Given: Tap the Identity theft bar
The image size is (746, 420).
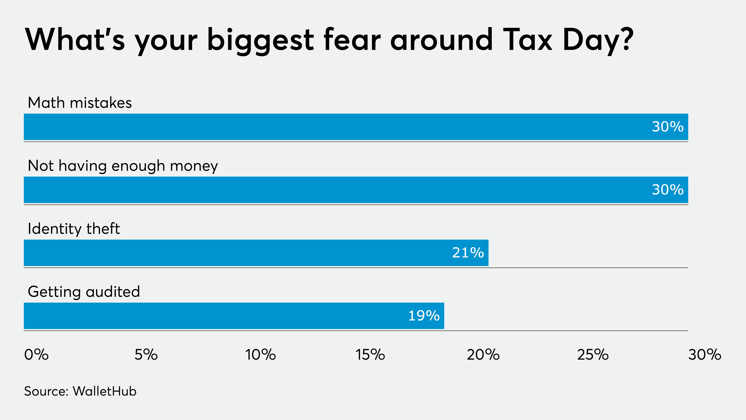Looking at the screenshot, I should click(x=256, y=253).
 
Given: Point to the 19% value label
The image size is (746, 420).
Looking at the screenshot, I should click(x=424, y=316).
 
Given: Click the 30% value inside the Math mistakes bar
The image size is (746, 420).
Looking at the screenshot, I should click(x=668, y=127).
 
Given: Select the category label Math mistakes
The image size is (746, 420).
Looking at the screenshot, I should click(x=80, y=103).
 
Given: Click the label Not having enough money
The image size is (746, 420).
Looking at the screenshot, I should click(x=123, y=166).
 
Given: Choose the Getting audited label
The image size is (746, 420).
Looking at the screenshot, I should click(x=84, y=292).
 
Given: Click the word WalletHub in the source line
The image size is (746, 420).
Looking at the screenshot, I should click(x=105, y=391).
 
